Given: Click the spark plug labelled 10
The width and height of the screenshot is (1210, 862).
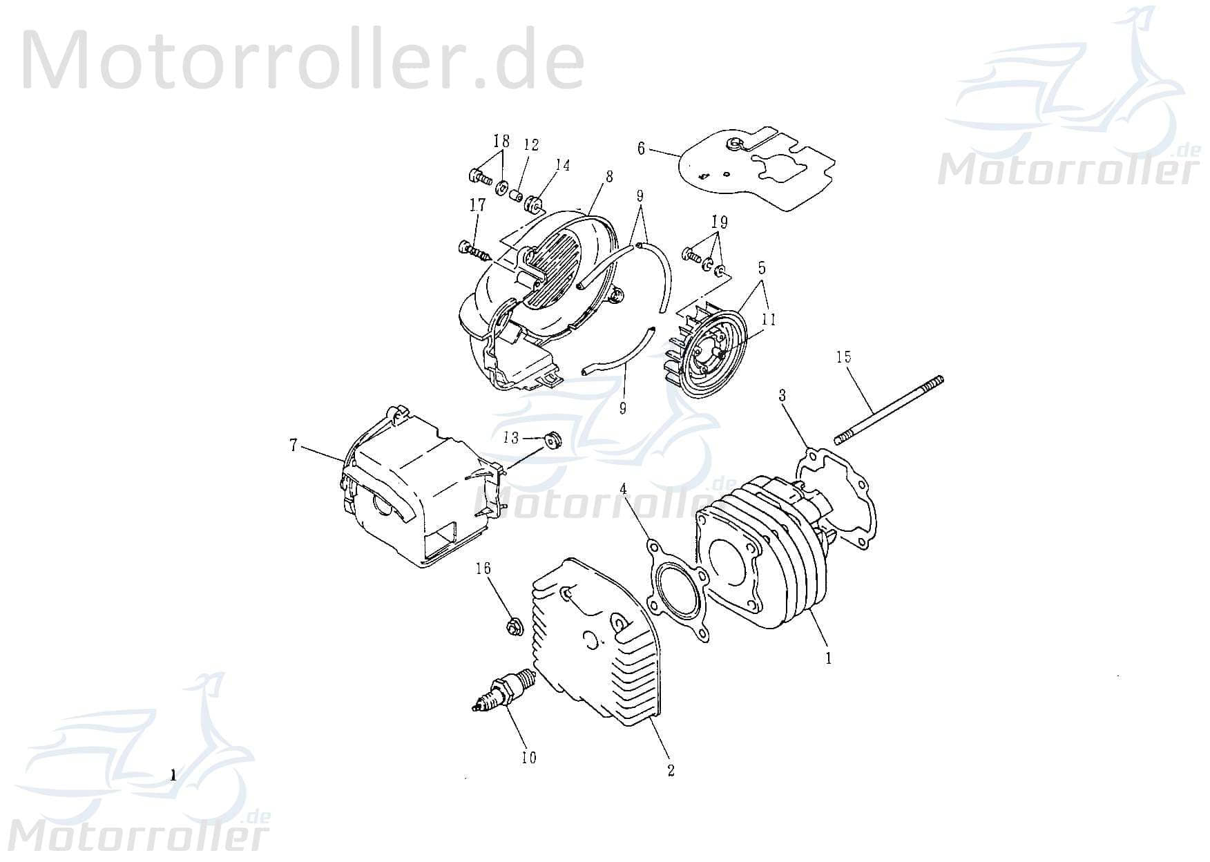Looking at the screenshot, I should (502, 691).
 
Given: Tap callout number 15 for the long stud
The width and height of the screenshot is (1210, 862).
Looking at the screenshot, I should (843, 357).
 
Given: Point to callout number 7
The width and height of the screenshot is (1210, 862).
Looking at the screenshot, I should (294, 446).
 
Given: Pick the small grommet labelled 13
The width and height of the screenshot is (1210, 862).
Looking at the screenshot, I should (552, 439).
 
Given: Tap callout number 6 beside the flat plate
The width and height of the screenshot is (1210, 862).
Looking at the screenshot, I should (641, 149).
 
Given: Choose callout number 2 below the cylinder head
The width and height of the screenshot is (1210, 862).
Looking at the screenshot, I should (671, 771).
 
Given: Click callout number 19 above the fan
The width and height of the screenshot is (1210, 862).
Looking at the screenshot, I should (719, 222).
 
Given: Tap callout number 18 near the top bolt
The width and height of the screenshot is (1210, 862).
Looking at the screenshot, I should (501, 141).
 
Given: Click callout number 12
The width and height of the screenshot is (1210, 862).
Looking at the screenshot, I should (531, 145).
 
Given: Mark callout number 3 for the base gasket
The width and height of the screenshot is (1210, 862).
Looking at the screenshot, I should (782, 395).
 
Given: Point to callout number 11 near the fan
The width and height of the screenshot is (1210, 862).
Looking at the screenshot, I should (769, 319).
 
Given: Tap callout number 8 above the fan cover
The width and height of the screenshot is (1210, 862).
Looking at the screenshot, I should (608, 176).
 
